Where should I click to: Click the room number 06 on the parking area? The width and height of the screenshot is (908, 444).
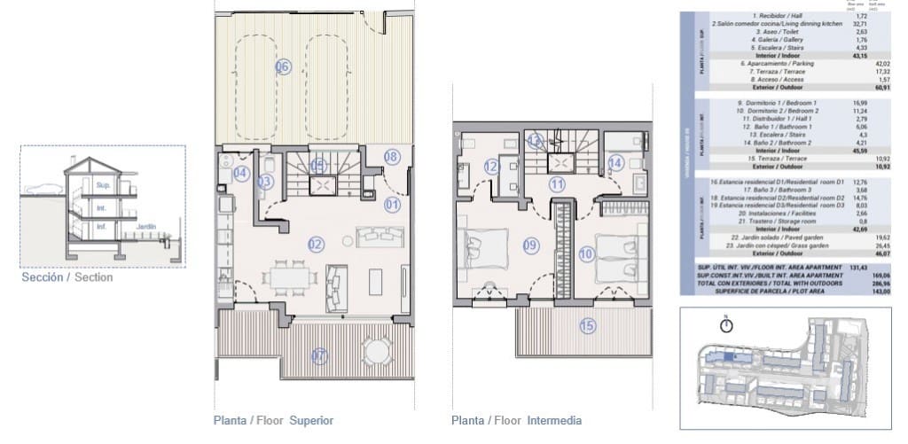click(x=283, y=66)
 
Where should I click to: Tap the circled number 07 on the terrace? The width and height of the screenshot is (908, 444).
click(x=319, y=356)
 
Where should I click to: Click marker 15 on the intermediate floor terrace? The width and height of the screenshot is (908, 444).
click(x=587, y=325)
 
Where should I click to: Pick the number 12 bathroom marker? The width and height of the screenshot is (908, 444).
click(x=491, y=166)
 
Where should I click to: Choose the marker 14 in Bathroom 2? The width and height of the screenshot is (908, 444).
click(x=616, y=162)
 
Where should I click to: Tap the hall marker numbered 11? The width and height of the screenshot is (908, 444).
click(x=556, y=185)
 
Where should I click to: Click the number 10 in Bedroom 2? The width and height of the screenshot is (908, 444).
click(x=586, y=253)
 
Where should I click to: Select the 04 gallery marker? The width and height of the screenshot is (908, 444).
click(x=239, y=173)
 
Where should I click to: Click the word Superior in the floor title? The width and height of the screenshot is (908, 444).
click(x=311, y=420)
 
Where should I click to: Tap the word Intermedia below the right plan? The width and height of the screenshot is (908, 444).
click(x=554, y=420)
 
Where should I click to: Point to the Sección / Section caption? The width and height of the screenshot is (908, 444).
click(x=67, y=277)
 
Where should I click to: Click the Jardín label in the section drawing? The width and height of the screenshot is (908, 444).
click(x=146, y=227)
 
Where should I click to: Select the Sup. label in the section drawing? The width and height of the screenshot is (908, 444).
click(x=102, y=186)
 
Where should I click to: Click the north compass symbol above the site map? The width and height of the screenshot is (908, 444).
click(x=727, y=325)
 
